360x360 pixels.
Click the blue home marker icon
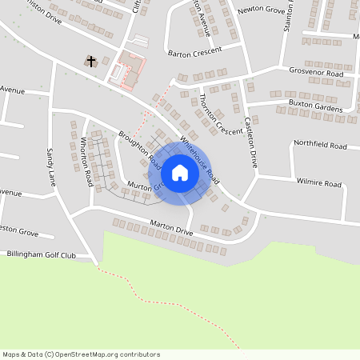pos(180,172)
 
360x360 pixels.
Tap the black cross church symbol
pos(91,61)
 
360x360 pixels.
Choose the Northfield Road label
pos(320,146)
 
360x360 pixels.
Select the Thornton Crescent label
pos(218,114)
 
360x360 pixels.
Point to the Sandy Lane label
pos(51,162)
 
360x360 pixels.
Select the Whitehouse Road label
pos(198,158)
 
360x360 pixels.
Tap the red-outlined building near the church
pos(130,70)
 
